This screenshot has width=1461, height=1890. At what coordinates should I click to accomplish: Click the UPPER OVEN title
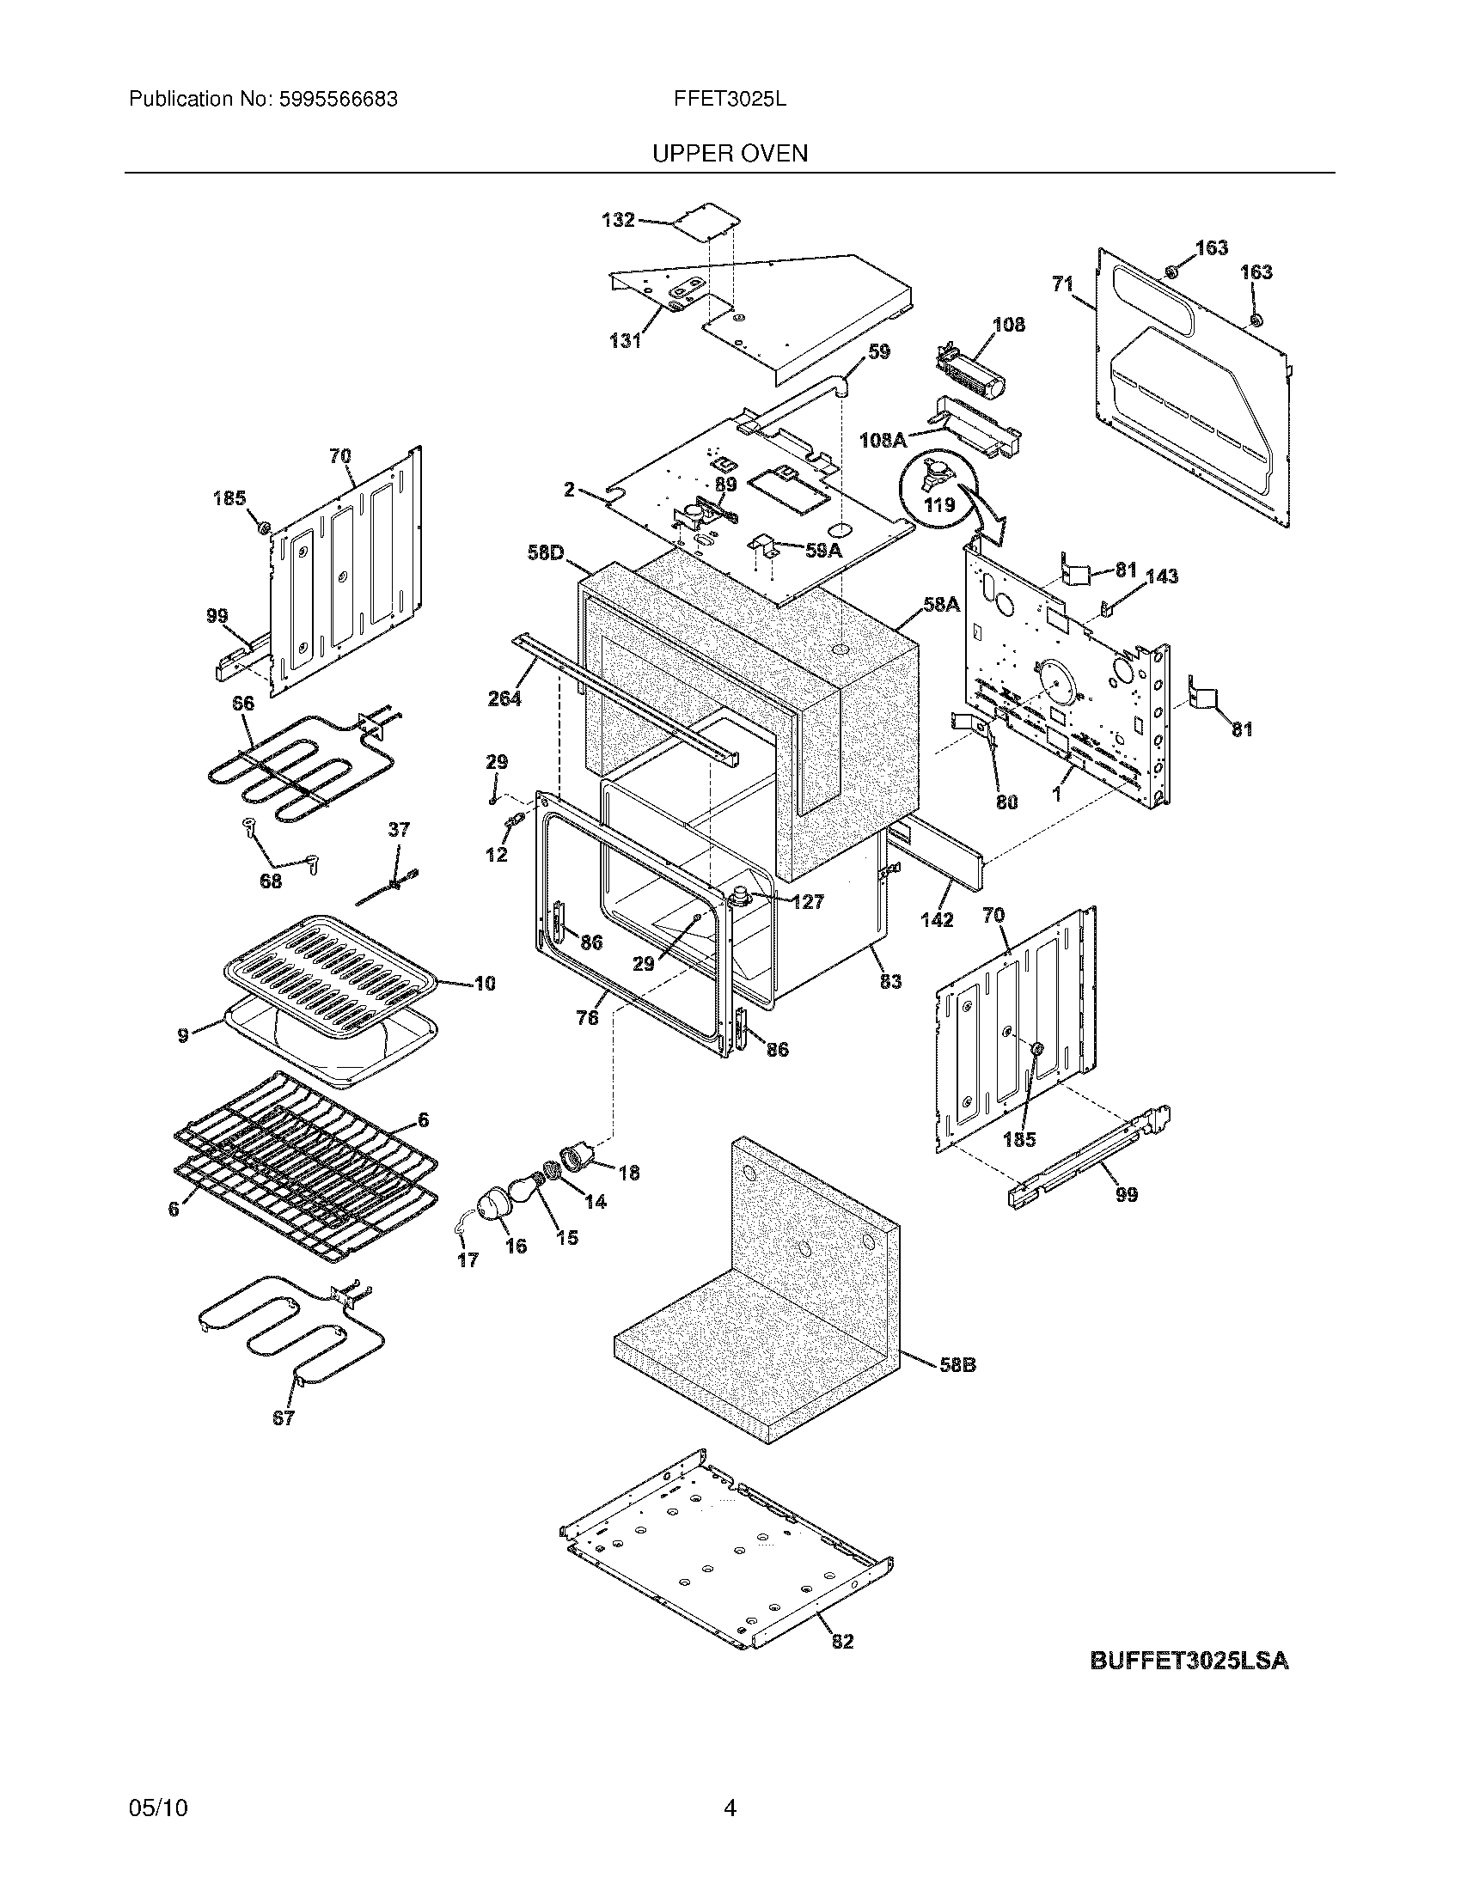tap(729, 154)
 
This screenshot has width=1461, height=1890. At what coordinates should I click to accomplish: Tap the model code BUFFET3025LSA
tap(1189, 1661)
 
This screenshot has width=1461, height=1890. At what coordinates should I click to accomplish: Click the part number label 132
tap(618, 221)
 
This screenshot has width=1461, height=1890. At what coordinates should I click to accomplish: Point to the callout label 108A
tap(882, 441)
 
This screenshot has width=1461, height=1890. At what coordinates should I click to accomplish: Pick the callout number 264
tap(504, 698)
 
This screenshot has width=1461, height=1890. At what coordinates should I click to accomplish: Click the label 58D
tap(545, 552)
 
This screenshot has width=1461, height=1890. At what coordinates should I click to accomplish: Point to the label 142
tap(937, 919)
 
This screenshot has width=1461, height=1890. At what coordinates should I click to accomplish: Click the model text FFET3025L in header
tap(729, 100)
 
